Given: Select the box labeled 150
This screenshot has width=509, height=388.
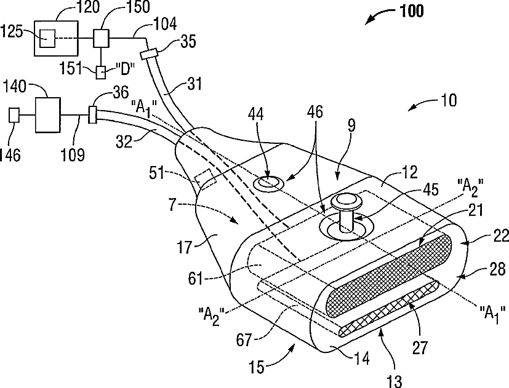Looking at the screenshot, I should click(101, 38).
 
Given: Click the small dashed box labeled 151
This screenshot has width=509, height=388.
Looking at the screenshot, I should click(100, 72).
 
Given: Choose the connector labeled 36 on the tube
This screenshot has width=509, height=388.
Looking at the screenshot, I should click(93, 114).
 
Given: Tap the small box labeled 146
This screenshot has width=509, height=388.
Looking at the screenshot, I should click(15, 115).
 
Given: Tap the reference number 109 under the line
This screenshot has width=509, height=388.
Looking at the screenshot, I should click(73, 154).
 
